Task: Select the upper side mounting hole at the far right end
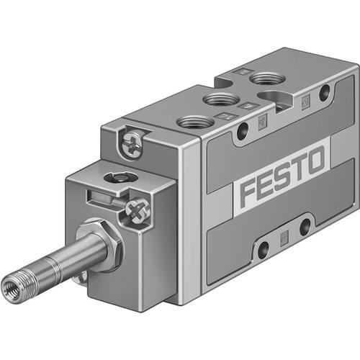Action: pyautogui.click(x=325, y=91)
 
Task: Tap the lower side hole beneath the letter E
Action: pyautogui.click(x=264, y=249)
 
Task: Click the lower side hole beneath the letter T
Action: pyautogui.click(x=302, y=226)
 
